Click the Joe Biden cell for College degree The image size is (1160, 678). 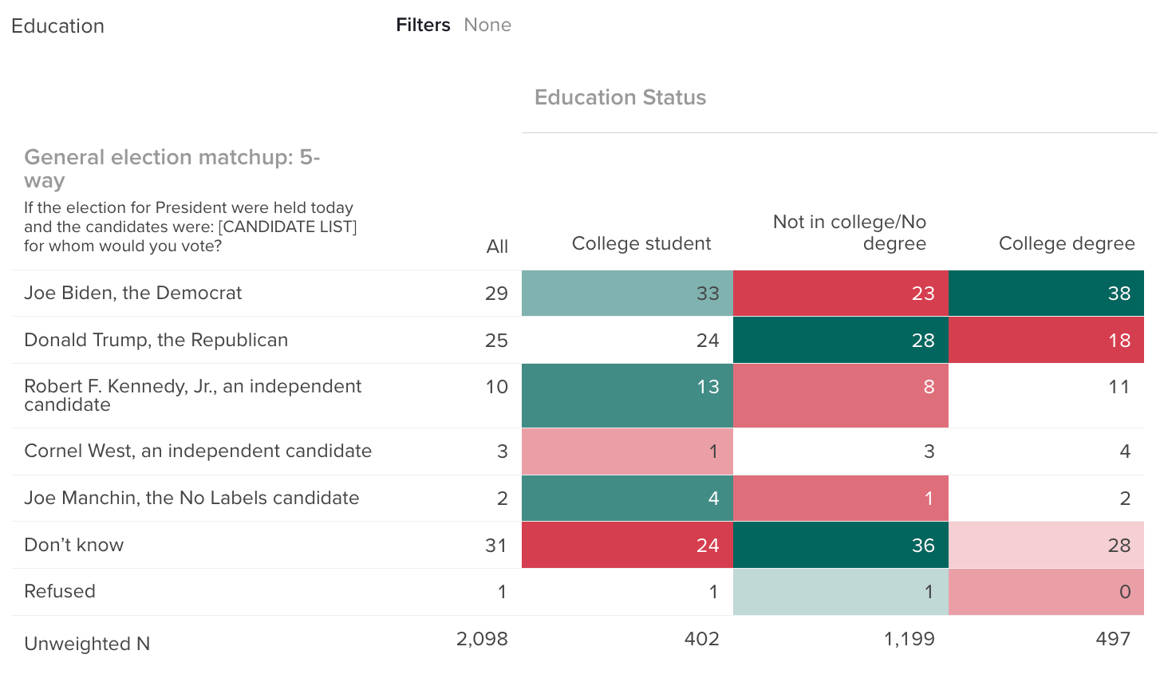coord(1046,294)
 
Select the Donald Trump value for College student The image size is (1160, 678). coord(627,341)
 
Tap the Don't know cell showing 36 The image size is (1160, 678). coord(841,546)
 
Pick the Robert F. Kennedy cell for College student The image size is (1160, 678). coord(627,396)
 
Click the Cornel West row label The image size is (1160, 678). coord(198,451)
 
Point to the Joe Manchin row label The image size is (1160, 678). coord(191,499)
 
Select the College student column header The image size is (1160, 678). coord(641,244)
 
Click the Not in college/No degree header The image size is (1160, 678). coord(850,233)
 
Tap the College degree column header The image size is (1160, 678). coord(1066,244)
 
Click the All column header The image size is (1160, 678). coord(497,247)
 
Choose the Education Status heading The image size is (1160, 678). coord(620,98)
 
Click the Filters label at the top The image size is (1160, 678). coord(423,26)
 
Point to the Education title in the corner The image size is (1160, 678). coord(57,26)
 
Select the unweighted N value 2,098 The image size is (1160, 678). coord(482,639)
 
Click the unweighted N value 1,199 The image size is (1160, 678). coord(909,639)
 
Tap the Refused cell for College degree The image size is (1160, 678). coord(1046,592)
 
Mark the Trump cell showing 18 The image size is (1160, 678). coord(1046,341)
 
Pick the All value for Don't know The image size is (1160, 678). coord(495,546)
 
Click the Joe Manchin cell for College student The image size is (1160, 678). coord(627,499)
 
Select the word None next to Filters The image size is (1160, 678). coord(487,26)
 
